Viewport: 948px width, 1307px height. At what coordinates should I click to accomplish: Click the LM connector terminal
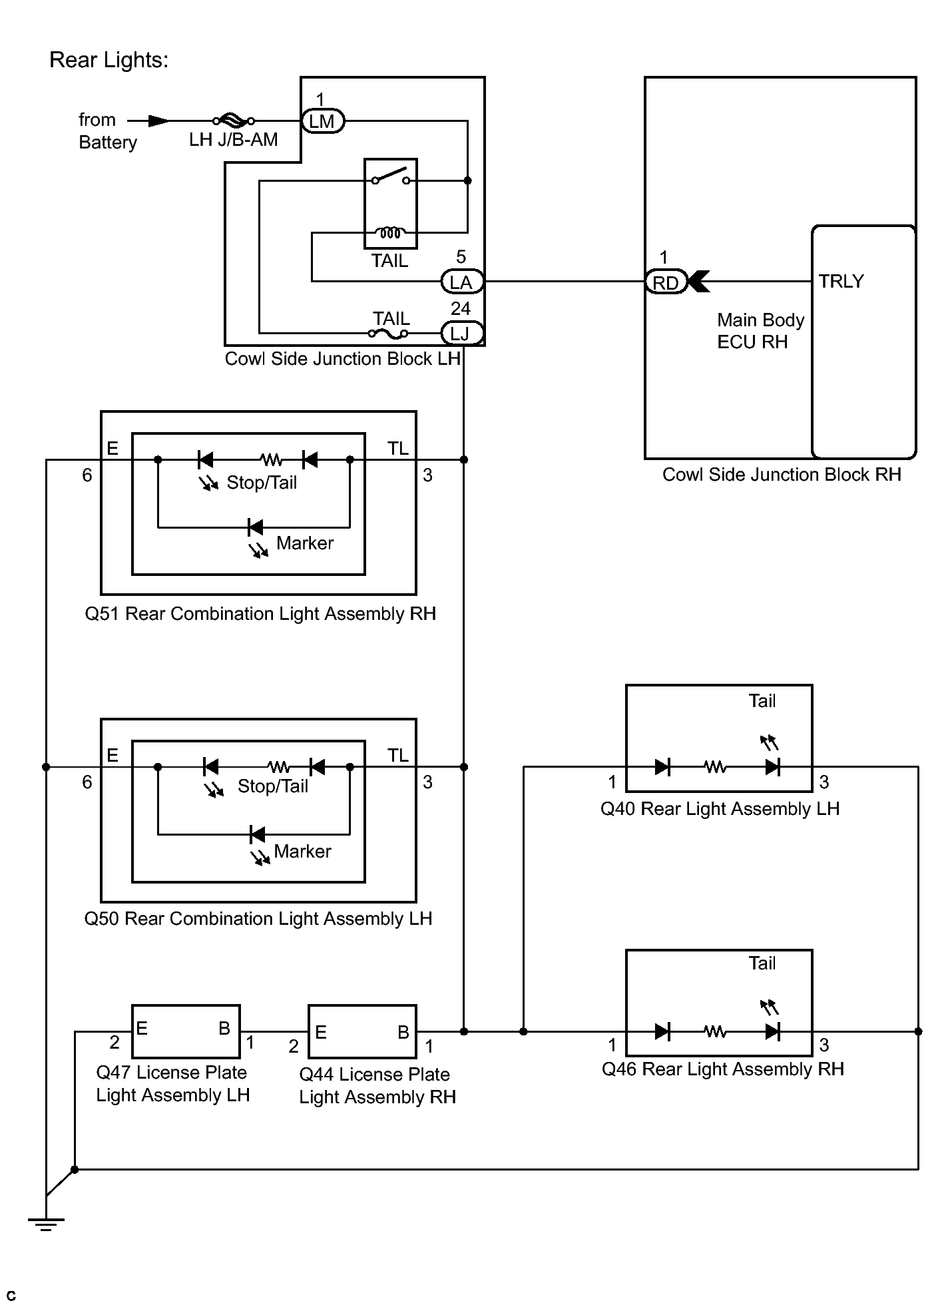(x=323, y=121)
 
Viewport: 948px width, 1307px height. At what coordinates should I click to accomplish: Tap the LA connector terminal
(x=462, y=282)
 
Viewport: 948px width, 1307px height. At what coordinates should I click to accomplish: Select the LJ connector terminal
(x=462, y=333)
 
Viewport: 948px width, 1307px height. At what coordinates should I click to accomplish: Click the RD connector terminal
(x=665, y=282)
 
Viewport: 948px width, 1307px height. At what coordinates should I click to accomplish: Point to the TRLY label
(x=841, y=281)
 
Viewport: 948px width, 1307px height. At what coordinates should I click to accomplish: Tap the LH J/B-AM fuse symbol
(x=233, y=121)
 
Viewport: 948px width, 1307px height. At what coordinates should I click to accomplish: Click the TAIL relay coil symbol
(x=390, y=232)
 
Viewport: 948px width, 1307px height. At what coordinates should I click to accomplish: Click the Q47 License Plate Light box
(x=186, y=1031)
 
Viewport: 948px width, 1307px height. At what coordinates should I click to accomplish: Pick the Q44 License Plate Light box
(x=363, y=1031)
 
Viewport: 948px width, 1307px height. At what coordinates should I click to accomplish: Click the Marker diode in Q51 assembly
(x=255, y=527)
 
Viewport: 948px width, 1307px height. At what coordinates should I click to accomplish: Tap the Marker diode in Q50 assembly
(x=257, y=834)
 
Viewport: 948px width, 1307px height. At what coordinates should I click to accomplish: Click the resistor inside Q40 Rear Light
(x=715, y=767)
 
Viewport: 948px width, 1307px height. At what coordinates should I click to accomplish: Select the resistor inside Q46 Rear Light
(x=715, y=1031)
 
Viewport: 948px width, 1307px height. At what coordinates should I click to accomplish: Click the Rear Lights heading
(x=109, y=61)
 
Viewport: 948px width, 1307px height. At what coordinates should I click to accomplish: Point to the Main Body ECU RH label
(x=760, y=331)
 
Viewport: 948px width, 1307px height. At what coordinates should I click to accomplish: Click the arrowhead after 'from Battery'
(x=158, y=121)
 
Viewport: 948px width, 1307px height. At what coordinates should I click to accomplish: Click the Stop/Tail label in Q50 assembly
(x=273, y=786)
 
